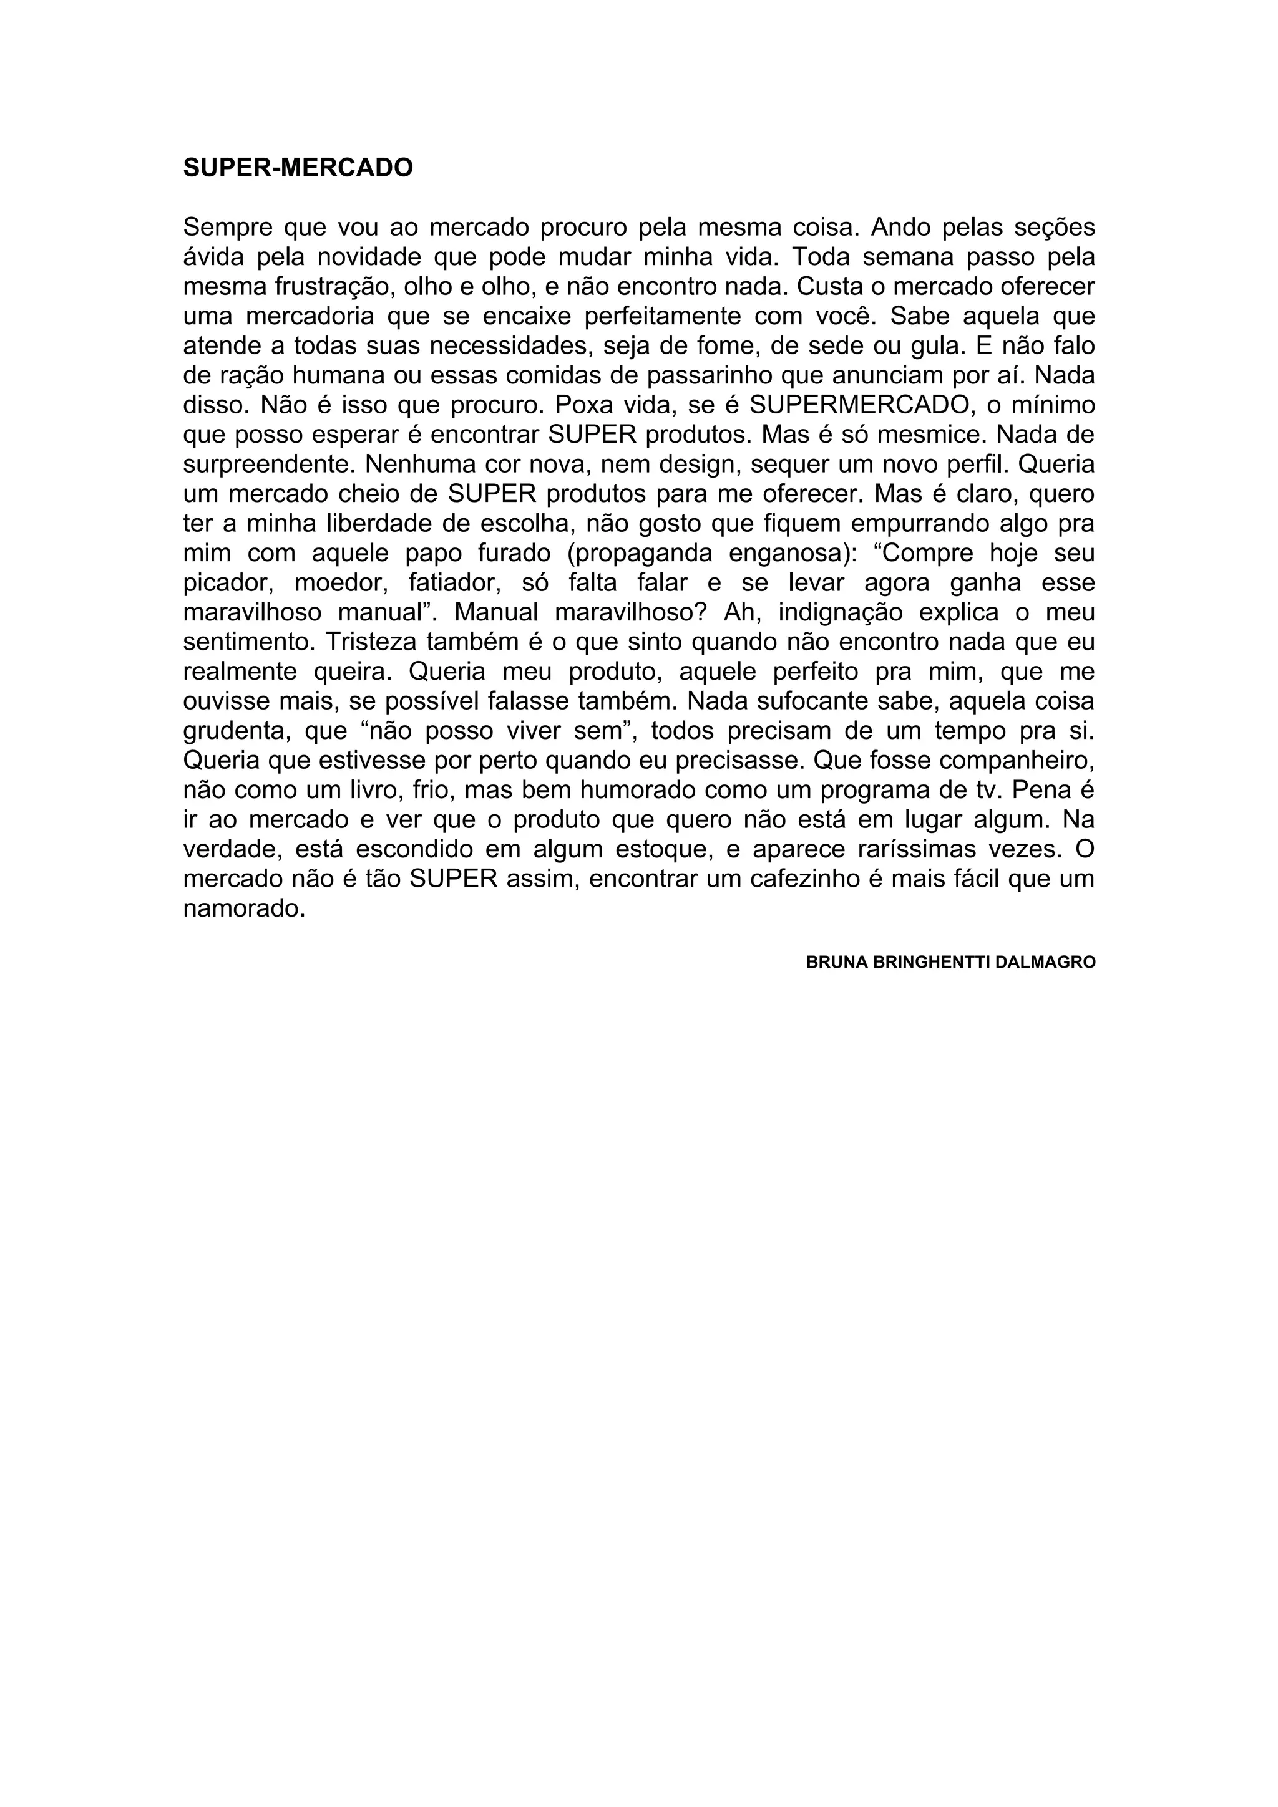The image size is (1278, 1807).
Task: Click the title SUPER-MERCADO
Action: pos(298,168)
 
